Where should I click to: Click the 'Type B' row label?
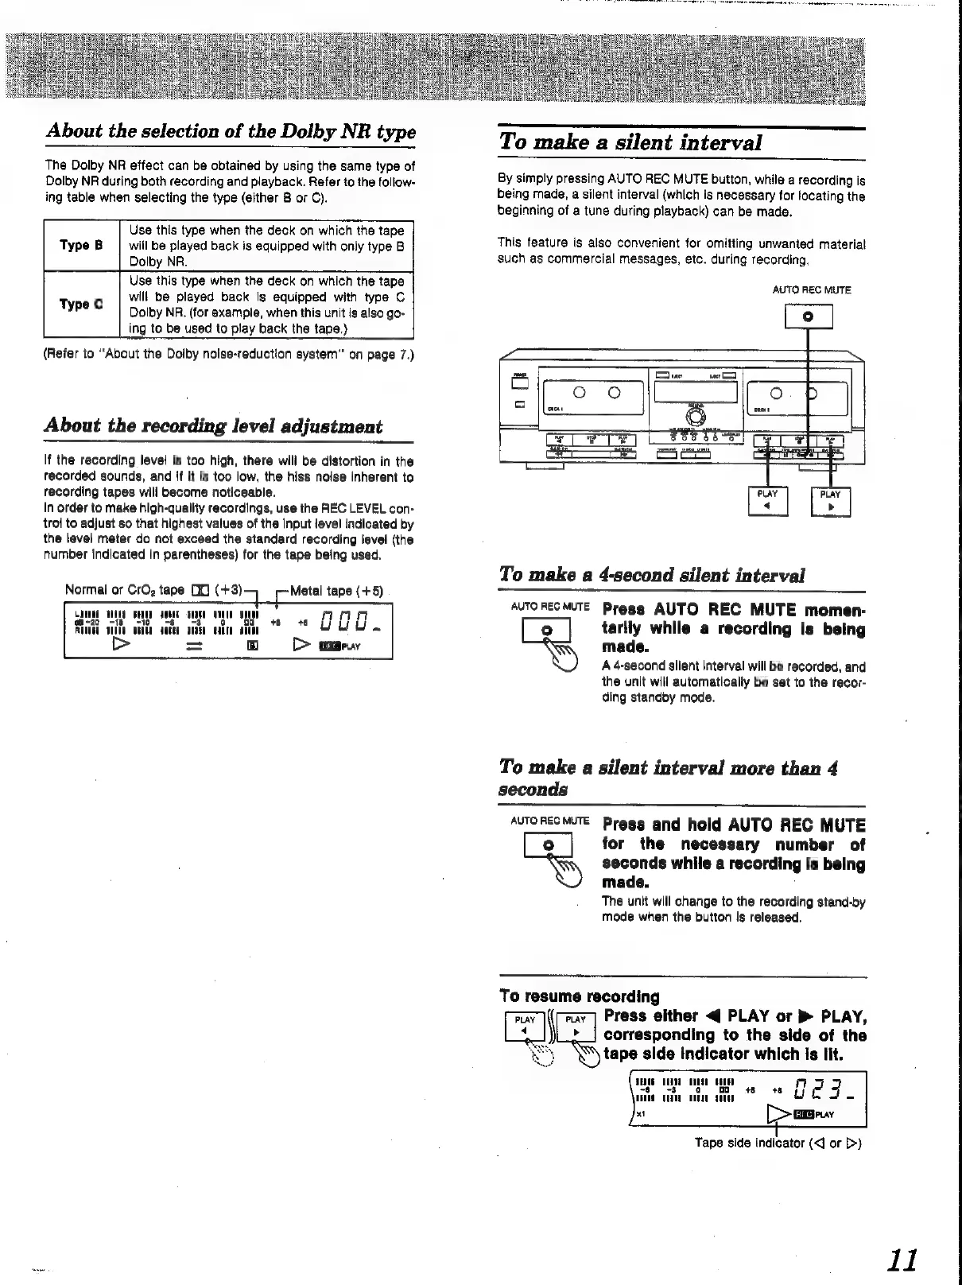pyautogui.click(x=81, y=246)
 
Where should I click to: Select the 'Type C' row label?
pyautogui.click(x=81, y=305)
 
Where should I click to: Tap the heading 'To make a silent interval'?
pyautogui.click(x=630, y=143)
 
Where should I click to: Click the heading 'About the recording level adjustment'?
pyautogui.click(x=213, y=426)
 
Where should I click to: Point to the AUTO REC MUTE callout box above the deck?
pyautogui.click(x=809, y=316)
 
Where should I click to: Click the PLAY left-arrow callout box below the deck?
pyautogui.click(x=768, y=502)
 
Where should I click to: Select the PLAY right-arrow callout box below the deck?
pyautogui.click(x=830, y=502)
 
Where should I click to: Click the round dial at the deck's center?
pyautogui.click(x=694, y=417)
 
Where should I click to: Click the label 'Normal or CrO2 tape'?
pyautogui.click(x=124, y=591)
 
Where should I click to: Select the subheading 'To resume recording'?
pyautogui.click(x=580, y=996)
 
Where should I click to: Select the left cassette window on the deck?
pyautogui.click(x=593, y=393)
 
